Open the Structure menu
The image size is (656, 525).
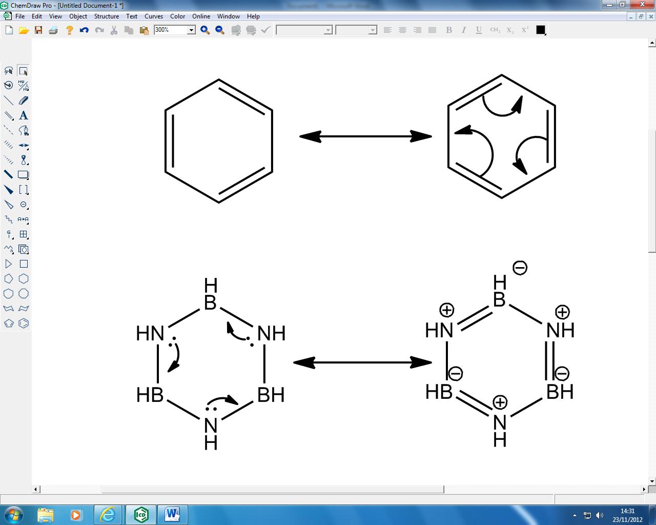(107, 16)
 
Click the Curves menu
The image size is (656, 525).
(154, 16)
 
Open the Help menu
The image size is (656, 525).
(253, 16)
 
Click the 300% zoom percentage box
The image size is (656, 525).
(171, 30)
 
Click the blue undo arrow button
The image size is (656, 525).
(84, 30)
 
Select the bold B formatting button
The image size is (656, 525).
(449, 30)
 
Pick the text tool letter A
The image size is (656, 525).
(23, 115)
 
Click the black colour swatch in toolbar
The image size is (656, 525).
(541, 30)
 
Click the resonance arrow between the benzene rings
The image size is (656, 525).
(365, 136)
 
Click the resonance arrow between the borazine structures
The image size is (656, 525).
(362, 362)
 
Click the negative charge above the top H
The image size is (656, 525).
(520, 268)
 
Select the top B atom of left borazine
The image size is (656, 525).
(210, 302)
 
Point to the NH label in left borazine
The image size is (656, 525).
(272, 333)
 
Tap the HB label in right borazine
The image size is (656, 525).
(439, 392)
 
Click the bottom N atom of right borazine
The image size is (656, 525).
(500, 423)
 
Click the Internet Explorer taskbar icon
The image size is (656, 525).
(108, 515)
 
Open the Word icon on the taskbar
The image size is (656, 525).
(172, 515)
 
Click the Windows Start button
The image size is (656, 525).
(14, 515)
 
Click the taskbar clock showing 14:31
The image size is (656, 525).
(627, 511)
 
